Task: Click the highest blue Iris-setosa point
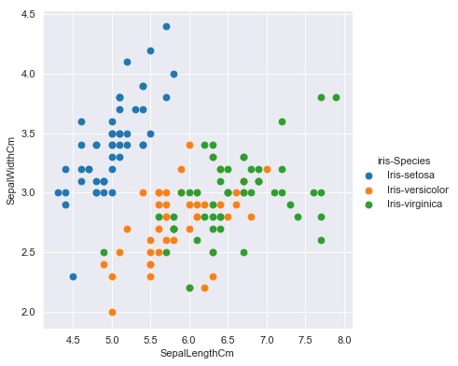point(166,26)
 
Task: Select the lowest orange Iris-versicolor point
point(112,312)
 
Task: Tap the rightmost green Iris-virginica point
point(336,97)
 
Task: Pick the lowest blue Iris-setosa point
point(73,276)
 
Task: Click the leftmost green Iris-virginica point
point(104,252)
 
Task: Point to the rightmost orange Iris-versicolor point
point(267,169)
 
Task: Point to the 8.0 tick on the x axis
point(343,339)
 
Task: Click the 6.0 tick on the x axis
point(189,339)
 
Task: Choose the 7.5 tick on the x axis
point(305,339)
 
